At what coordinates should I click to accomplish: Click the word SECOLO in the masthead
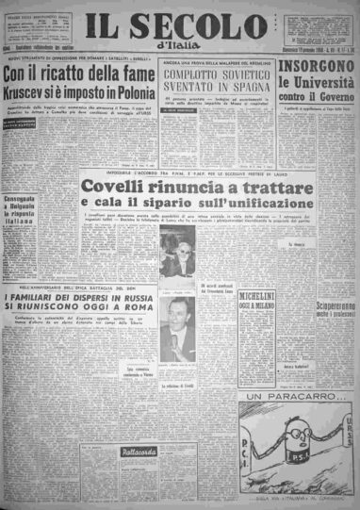click(x=201, y=22)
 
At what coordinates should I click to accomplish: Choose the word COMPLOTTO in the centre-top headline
click(x=195, y=82)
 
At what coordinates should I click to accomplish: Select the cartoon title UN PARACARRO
click(x=300, y=408)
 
